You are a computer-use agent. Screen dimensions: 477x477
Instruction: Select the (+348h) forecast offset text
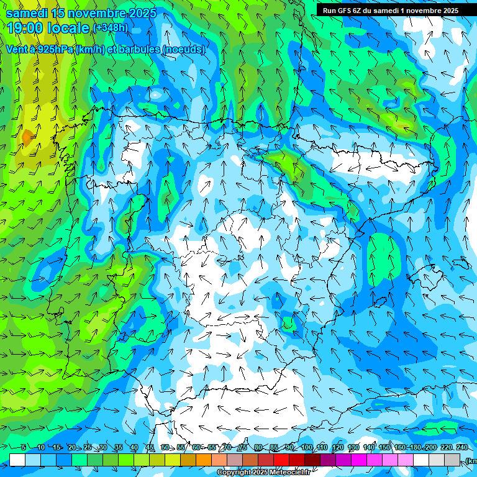tap(110, 28)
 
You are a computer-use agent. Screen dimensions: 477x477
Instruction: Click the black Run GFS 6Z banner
tap(390, 10)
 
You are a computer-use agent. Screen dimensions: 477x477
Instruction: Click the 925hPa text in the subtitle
tap(55, 50)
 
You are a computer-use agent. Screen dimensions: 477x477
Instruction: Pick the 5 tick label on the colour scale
tap(23, 448)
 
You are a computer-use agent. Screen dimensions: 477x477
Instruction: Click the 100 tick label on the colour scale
tap(307, 448)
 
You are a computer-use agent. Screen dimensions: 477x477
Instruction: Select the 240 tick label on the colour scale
tap(461, 448)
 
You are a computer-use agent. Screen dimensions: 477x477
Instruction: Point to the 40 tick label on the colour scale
tap(134, 448)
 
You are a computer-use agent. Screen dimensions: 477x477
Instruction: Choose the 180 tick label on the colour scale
tap(415, 448)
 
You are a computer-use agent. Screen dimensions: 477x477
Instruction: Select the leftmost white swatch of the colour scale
tap(17, 460)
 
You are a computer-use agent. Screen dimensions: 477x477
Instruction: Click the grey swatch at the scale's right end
tap(452, 460)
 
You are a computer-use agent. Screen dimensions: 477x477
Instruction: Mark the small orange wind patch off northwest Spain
tap(27, 135)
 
